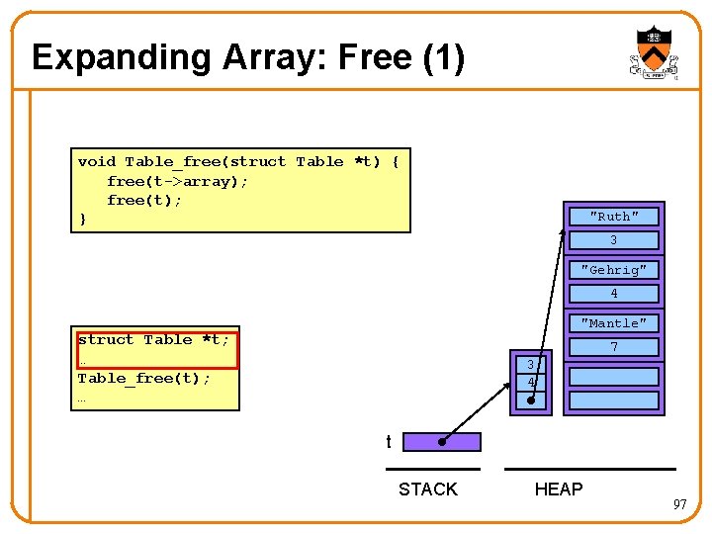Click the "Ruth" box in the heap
click(614, 217)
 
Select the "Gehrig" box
click(614, 270)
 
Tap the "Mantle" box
click(614, 323)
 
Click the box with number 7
click(614, 347)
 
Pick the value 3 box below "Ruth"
click(614, 240)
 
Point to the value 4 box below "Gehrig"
click(614, 294)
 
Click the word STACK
click(427, 489)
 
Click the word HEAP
click(559, 489)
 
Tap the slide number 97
click(679, 505)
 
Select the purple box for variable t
click(442, 442)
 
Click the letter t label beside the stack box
click(389, 442)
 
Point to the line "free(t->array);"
click(177, 181)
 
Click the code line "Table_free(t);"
click(143, 378)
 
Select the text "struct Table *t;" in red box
click(153, 340)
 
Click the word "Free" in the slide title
click(375, 57)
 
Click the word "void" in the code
click(96, 161)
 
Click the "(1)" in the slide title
click(442, 57)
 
